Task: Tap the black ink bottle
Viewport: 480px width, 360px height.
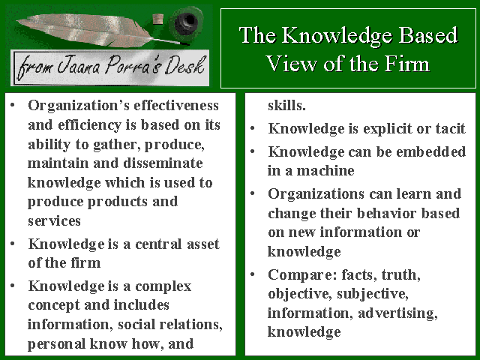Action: tap(186, 23)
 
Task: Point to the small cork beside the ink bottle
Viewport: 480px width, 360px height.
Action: tap(157, 18)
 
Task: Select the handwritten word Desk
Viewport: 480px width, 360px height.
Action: tap(184, 65)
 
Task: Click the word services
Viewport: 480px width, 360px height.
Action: tap(54, 221)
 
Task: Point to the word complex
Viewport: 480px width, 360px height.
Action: tap(163, 287)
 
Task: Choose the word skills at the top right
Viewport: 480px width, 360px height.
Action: tap(286, 105)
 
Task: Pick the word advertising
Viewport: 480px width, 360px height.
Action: tap(398, 313)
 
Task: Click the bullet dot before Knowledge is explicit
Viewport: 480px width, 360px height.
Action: tap(253, 128)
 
